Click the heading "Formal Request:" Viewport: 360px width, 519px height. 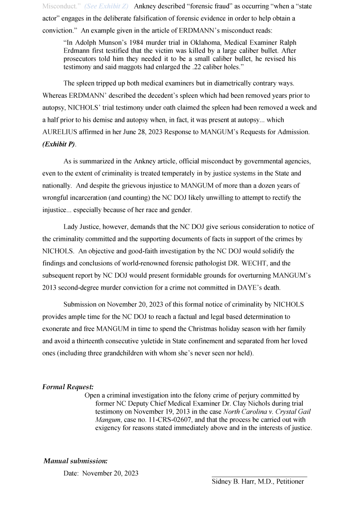[x=68, y=387]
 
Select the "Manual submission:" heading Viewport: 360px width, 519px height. [x=75, y=461]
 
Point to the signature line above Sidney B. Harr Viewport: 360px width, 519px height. [x=259, y=477]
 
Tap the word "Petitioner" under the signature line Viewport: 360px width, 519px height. [x=290, y=481]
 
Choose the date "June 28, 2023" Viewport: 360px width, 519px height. [x=138, y=132]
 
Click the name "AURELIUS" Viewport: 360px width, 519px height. [x=58, y=132]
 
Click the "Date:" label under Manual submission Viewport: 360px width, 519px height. [x=71, y=473]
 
